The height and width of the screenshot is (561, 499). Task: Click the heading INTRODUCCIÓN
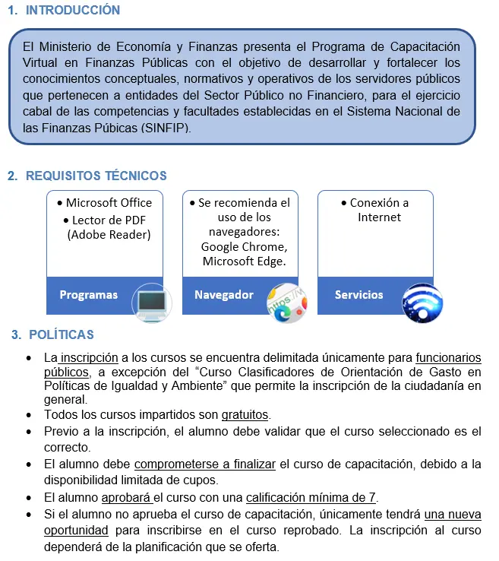tap(72, 11)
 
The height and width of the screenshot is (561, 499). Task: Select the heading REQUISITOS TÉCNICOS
tap(96, 176)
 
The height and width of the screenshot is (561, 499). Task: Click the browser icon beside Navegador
tap(286, 303)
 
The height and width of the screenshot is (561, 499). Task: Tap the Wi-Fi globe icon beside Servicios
tap(422, 303)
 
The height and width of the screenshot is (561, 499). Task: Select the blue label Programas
tap(89, 295)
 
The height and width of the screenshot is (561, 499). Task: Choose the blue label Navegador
tap(224, 295)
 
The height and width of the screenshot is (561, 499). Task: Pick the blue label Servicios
tap(359, 295)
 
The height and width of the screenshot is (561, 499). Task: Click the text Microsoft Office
tap(109, 203)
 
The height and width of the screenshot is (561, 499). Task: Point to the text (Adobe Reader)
tap(109, 234)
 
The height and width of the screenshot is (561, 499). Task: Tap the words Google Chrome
tap(244, 247)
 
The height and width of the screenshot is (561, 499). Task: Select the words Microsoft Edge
tap(244, 261)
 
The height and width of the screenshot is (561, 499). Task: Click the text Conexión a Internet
tap(379, 210)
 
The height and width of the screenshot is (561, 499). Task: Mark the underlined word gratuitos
tap(245, 415)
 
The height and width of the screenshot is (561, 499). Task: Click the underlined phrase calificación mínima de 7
tap(311, 498)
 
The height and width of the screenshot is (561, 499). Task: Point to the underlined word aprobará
tap(127, 498)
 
